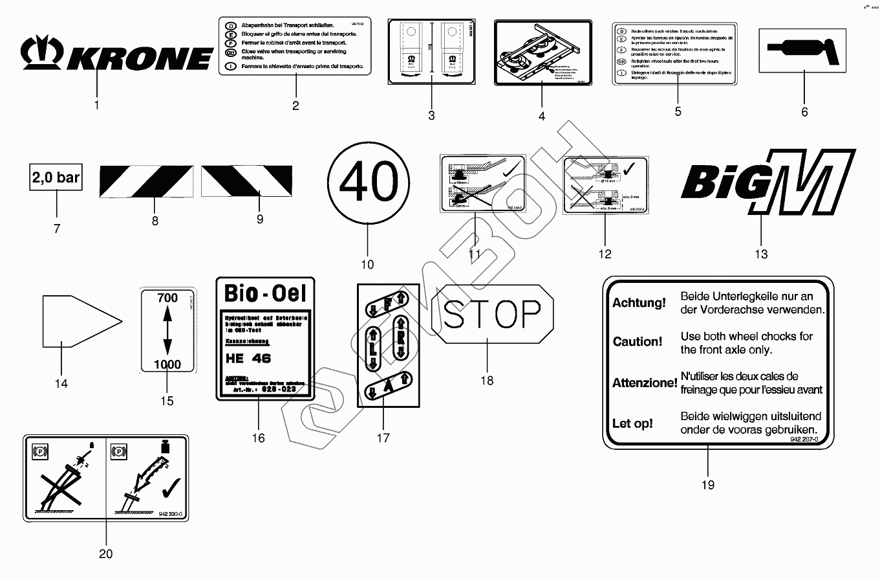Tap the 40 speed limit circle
point(368,181)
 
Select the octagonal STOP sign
point(492,315)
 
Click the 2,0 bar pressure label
point(56,177)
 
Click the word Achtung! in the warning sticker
point(639,302)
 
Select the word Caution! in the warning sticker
point(638,342)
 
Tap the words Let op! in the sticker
point(632,423)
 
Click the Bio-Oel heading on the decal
point(264,293)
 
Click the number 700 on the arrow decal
point(167,298)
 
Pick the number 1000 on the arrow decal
point(167,364)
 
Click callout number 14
point(61,384)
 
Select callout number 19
point(707,485)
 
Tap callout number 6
point(804,112)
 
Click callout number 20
point(105,554)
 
